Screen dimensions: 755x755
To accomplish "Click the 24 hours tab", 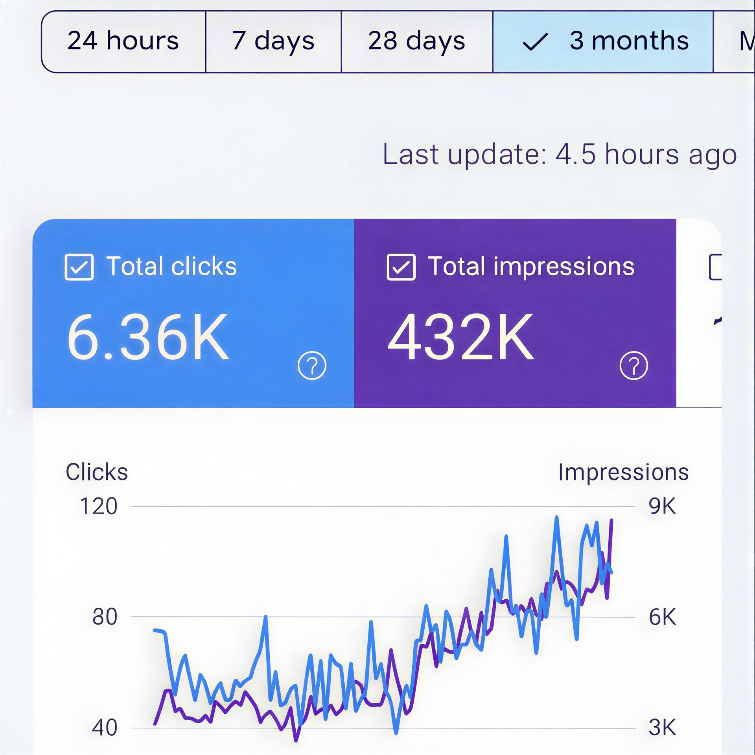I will [123, 41].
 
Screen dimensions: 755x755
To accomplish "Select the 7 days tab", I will [273, 41].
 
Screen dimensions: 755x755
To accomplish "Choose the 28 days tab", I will [416, 41].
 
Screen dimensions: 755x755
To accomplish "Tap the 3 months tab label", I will [629, 41].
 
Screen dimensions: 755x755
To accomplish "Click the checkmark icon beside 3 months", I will [535, 42].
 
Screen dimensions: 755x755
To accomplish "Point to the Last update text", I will [559, 154].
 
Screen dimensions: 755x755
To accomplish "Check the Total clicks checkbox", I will [79, 267].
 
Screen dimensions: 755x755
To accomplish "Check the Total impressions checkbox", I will [401, 267].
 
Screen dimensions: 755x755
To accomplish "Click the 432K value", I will [460, 337].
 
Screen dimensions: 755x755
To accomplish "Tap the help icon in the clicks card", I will [312, 365].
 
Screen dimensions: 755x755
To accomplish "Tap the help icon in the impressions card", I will [633, 365].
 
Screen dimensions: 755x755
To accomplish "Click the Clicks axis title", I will [97, 472].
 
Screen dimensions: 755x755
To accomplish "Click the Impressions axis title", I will [623, 472].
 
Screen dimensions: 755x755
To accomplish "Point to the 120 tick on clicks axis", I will [98, 506].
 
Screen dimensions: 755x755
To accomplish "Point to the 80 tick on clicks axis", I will [105, 617].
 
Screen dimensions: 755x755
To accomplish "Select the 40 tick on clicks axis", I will [105, 728].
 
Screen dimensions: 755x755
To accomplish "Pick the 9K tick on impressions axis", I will [662, 506].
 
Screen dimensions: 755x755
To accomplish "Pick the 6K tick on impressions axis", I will [662, 617].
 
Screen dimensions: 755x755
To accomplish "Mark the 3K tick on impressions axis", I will [662, 728].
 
